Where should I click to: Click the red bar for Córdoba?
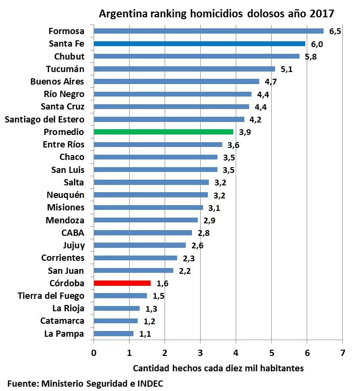coord(122,283)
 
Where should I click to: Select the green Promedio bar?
coord(163,132)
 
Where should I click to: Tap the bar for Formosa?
coord(208,31)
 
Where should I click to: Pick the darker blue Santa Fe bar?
coord(199,44)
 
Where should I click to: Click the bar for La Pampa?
coord(113,333)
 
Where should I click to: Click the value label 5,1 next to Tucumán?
coord(287,69)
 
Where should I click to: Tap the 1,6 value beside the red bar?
coord(162,283)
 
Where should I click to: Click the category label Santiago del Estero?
coord(44,119)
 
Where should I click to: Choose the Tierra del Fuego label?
coord(51,295)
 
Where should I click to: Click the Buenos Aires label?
coord(57,81)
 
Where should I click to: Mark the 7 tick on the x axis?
coord(342,353)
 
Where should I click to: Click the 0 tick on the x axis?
coord(94,353)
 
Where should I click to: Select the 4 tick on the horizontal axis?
coord(236,353)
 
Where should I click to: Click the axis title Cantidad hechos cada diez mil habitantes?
coord(218,368)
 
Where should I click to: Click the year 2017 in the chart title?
coord(322,13)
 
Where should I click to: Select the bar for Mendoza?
coord(145,220)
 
